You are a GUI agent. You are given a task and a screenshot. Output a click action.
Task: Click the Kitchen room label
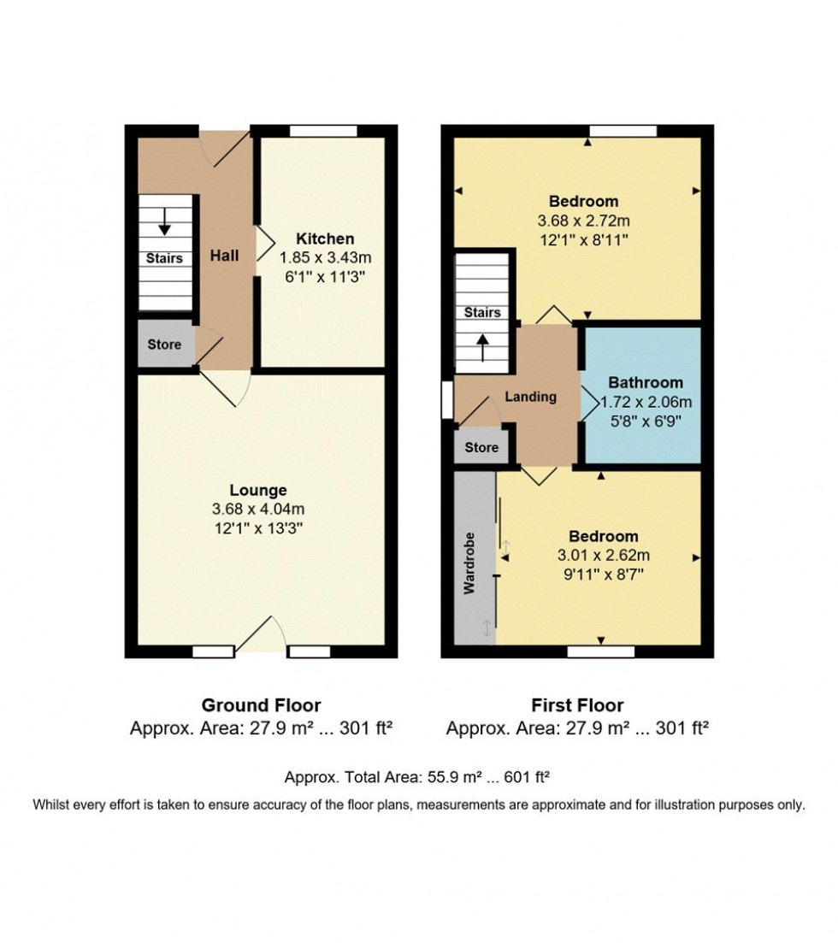pyautogui.click(x=325, y=239)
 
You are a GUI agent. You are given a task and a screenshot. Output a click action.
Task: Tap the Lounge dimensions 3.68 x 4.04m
pyautogui.click(x=258, y=510)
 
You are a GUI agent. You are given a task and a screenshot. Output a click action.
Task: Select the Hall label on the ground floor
pyautogui.click(x=226, y=255)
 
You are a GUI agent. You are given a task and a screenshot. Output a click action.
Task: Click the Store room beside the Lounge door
pyautogui.click(x=164, y=345)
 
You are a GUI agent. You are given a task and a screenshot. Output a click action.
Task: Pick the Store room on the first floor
pyautogui.click(x=481, y=447)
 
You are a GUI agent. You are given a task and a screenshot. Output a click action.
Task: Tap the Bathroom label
pyautogui.click(x=646, y=382)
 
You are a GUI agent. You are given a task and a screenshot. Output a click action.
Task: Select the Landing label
pyautogui.click(x=531, y=397)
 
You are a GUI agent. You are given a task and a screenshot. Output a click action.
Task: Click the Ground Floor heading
pyautogui.click(x=261, y=705)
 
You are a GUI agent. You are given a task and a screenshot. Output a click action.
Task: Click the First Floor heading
pyautogui.click(x=577, y=705)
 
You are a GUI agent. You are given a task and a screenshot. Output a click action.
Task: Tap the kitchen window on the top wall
pyautogui.click(x=323, y=131)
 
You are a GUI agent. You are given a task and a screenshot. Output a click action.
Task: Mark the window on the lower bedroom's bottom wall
pyautogui.click(x=601, y=651)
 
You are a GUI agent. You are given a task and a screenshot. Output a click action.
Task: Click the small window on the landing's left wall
pyautogui.click(x=446, y=400)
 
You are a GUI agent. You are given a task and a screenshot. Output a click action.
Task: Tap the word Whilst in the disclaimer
pyautogui.click(x=54, y=804)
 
